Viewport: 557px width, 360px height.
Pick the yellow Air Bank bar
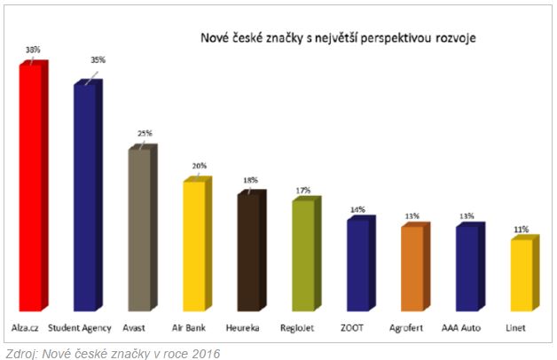point(195,246)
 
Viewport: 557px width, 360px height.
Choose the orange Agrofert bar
point(413,268)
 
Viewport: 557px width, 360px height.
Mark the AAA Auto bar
point(468,268)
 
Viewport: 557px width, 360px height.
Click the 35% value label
point(98,60)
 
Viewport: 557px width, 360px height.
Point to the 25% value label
point(145,134)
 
